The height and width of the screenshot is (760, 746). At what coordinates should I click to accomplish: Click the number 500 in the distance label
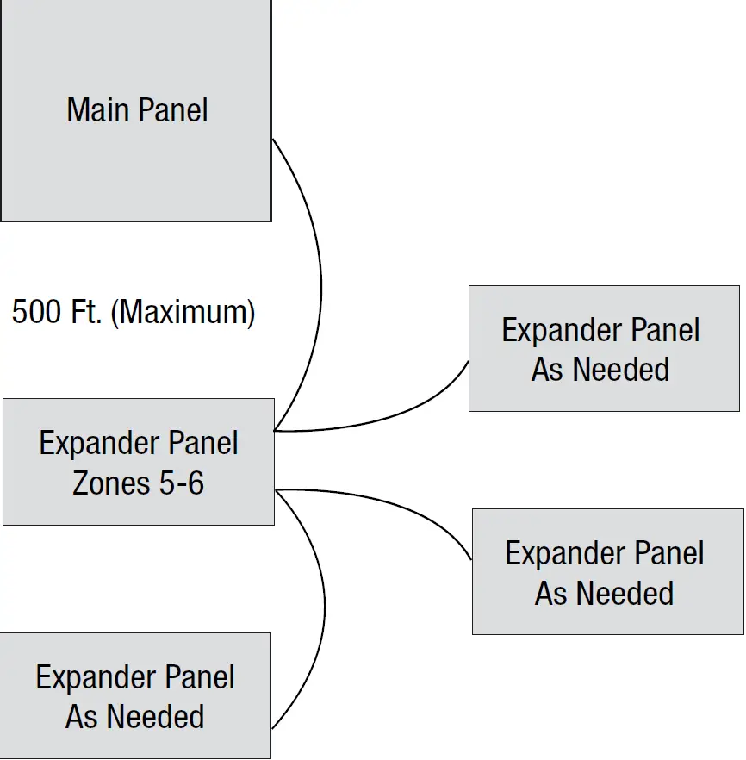(x=36, y=312)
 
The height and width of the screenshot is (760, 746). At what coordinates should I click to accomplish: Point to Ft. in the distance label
(x=86, y=312)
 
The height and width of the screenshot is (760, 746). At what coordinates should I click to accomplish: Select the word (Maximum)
(x=183, y=312)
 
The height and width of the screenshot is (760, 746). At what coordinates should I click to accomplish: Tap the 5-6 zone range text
(x=182, y=483)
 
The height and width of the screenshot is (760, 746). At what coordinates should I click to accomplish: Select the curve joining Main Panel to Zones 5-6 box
(x=320, y=284)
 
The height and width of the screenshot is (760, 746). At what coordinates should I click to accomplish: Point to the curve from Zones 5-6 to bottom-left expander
(x=324, y=603)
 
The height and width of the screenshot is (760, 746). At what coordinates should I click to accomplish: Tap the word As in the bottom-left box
(x=80, y=717)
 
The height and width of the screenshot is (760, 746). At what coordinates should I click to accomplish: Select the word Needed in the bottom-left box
(x=154, y=717)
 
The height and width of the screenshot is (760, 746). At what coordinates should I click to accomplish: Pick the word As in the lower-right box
(x=550, y=594)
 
